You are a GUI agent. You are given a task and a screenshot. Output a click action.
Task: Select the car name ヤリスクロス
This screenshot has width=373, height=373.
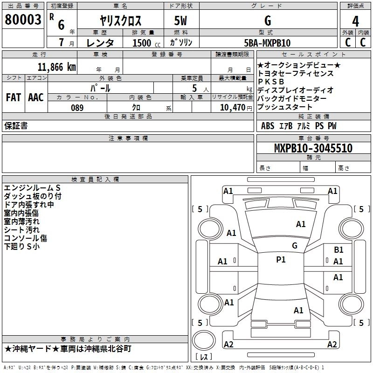coord(121,21)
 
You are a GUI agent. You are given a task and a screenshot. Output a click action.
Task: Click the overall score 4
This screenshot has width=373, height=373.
coord(355,21)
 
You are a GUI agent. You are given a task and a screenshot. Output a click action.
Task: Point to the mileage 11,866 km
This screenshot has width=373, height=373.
coord(56,67)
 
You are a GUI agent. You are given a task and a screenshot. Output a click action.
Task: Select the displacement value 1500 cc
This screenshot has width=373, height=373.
coord(142,43)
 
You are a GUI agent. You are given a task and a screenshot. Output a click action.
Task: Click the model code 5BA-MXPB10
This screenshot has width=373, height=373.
coord(267,43)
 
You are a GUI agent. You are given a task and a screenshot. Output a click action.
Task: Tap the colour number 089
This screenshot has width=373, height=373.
coord(77,108)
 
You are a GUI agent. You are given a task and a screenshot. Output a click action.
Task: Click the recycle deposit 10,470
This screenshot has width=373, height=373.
coord(231,108)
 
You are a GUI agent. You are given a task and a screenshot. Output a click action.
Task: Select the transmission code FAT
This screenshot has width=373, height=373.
coord(13,97)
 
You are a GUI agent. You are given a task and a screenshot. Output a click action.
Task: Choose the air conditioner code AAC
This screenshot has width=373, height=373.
coord(36,97)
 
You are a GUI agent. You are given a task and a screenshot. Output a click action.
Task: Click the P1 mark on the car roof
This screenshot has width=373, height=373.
coord(281,260)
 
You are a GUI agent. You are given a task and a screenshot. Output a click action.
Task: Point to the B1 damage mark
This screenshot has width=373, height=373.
coord(338,250)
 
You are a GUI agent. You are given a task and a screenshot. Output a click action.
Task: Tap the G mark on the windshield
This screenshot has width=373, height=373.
coord(294,246)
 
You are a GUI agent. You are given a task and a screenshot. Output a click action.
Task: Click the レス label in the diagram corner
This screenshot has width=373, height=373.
coord(204,358)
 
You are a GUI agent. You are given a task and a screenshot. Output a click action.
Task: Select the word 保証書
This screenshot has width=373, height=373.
coord(16,126)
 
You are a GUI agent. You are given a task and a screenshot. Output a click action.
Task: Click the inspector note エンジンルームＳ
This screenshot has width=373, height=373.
coord(32,188)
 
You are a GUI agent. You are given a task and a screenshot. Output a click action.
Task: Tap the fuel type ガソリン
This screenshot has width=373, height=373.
coord(181,43)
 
